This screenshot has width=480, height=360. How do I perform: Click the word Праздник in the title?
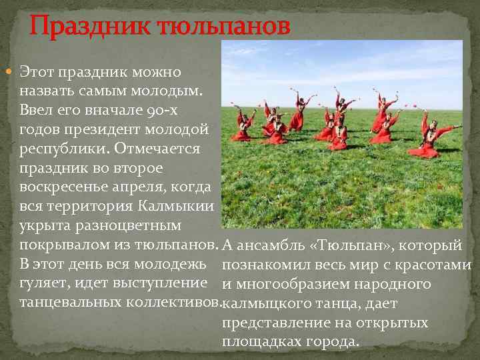pos(83,28)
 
